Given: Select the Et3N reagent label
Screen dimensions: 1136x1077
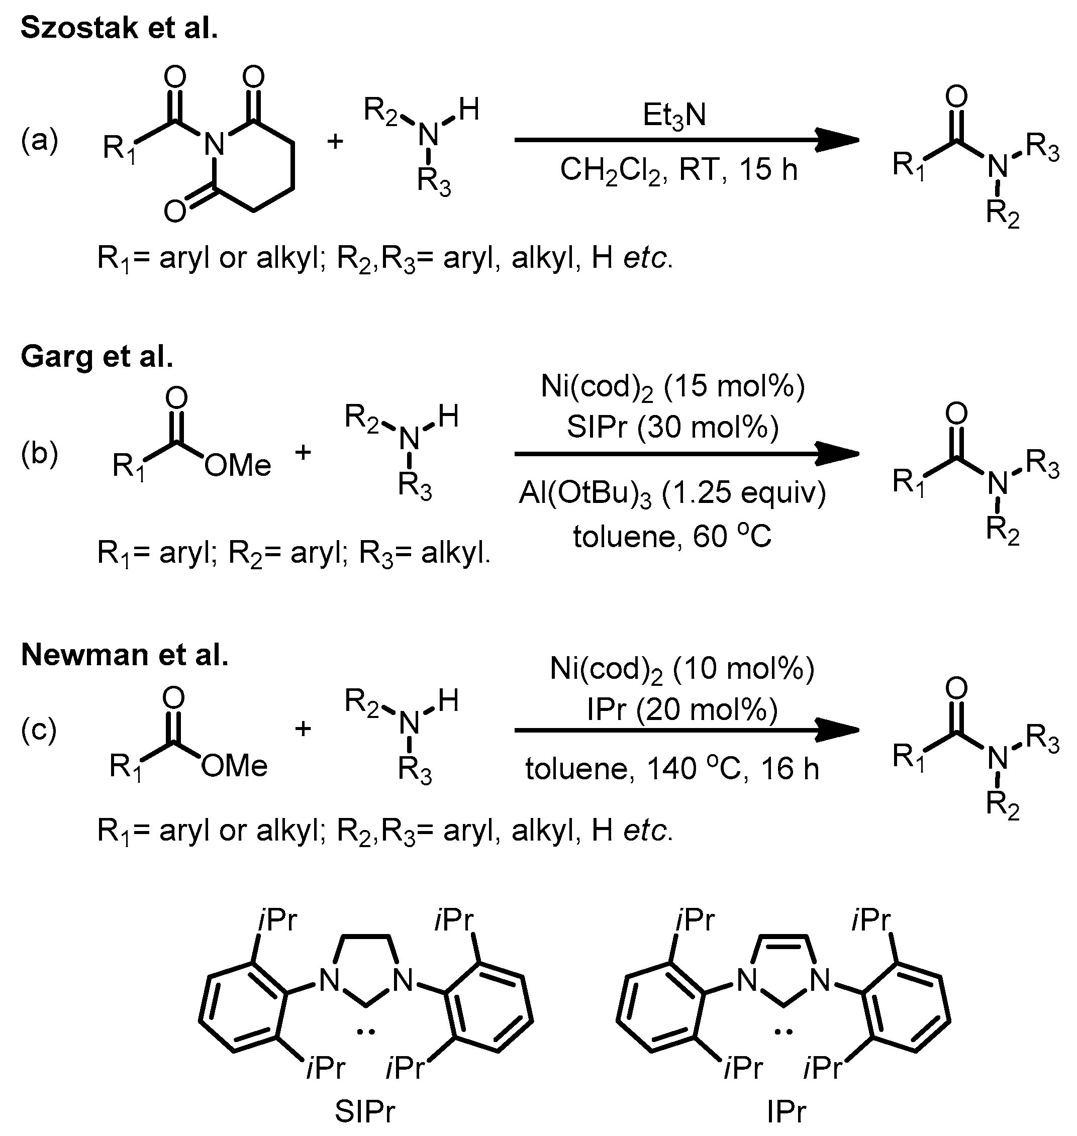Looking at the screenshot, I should pos(674,116).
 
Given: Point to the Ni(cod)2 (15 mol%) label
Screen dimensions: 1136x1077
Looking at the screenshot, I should pos(673,388).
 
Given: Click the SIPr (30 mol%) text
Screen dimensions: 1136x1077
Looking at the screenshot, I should pos(673,428).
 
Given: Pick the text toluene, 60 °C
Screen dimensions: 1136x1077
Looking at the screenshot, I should pos(672,537).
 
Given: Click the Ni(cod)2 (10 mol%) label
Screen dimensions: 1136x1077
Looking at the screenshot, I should pos(681,669).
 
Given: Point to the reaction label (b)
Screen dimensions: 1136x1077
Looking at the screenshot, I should pos(40,455).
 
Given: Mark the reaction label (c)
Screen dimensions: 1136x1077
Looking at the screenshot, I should pos(39,731).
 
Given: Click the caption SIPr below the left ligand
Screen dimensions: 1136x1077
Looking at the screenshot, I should pos(365,1111).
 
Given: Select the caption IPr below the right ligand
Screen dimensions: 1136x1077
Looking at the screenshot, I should pos(786,1111).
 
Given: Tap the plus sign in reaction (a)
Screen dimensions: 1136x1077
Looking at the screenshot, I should pos(335,141).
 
